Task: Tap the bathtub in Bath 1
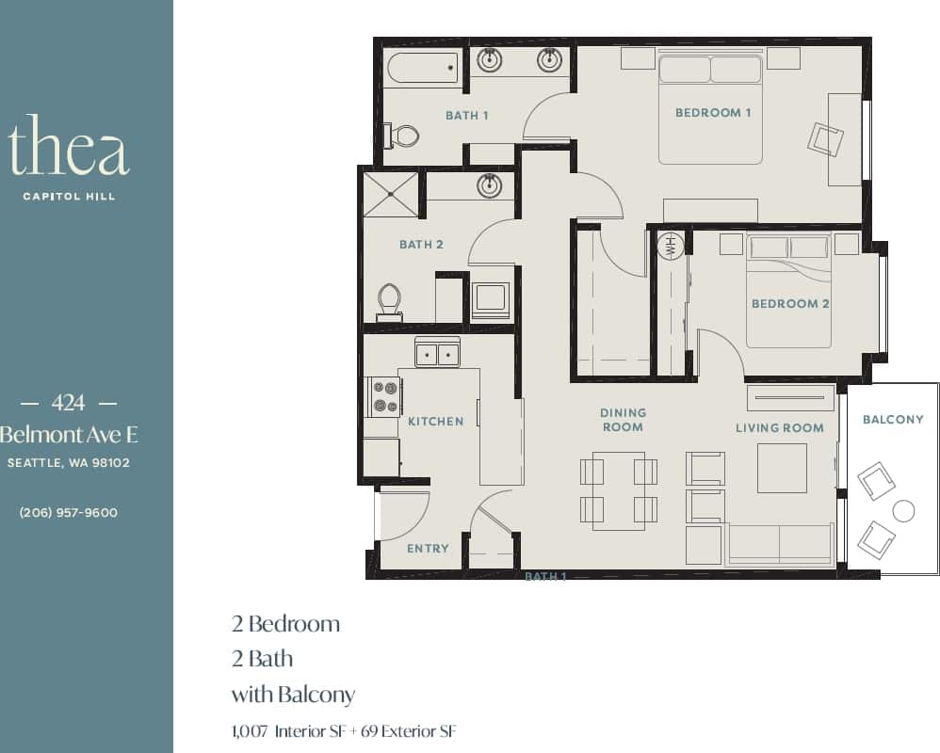(421, 68)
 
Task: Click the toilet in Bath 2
(389, 302)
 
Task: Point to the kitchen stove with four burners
(383, 395)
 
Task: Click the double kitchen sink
(437, 354)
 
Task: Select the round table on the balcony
(903, 511)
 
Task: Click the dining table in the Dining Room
(619, 489)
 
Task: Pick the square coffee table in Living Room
(782, 468)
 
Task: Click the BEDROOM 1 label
(713, 113)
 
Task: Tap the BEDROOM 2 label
(790, 304)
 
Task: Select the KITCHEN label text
(435, 422)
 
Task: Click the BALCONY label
(893, 419)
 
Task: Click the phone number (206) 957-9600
(69, 513)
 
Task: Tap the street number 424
(69, 403)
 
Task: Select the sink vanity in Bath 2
(489, 184)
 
